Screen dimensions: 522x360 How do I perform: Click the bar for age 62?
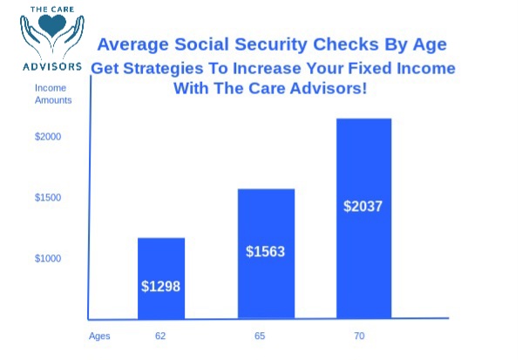click(161, 278)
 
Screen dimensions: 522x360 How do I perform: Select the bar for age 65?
click(266, 254)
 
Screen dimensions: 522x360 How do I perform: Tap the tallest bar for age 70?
click(364, 219)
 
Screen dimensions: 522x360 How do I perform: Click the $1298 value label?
click(161, 287)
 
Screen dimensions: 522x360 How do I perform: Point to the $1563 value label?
click(265, 251)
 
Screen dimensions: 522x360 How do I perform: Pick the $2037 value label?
click(363, 206)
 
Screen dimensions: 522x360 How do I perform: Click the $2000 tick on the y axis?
click(48, 137)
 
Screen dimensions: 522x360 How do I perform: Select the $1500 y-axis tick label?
click(48, 198)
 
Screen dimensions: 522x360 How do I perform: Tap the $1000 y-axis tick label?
click(48, 258)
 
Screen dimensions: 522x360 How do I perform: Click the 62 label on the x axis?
click(160, 336)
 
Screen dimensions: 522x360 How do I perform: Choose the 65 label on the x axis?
click(260, 336)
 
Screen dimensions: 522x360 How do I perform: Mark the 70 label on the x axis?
click(359, 336)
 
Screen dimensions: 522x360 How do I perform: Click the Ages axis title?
click(99, 336)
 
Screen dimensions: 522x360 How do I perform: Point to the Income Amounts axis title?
click(53, 94)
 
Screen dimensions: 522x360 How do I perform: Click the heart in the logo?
click(52, 25)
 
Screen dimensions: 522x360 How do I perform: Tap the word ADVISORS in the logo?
click(52, 66)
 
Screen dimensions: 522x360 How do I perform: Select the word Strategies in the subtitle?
click(164, 69)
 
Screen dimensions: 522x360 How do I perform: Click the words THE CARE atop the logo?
click(52, 10)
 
